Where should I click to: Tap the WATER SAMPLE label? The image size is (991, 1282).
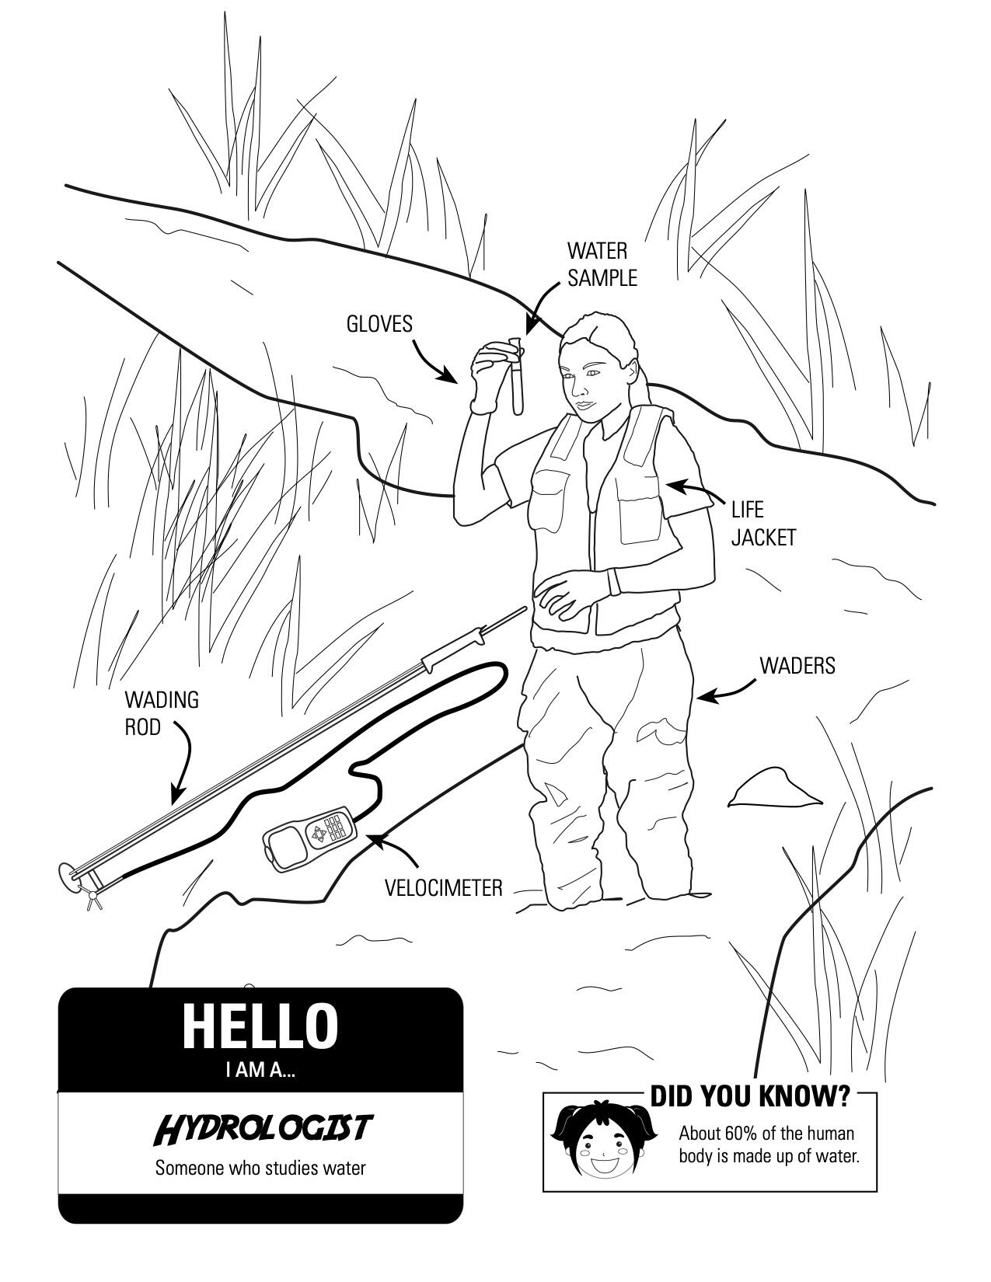tap(601, 264)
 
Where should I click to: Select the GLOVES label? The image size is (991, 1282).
tap(379, 324)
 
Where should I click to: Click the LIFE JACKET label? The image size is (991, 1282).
tap(763, 524)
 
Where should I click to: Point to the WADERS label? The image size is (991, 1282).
tap(797, 666)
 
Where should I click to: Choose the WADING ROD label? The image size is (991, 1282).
tap(161, 713)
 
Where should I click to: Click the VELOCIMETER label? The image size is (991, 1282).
tap(444, 887)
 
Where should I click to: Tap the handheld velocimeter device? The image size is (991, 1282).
tap(309, 836)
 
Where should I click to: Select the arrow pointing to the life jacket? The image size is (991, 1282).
tap(696, 491)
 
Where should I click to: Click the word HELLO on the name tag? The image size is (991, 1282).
tap(260, 1026)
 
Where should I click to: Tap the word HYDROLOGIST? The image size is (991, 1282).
tap(262, 1128)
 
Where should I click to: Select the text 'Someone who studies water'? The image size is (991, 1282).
tap(260, 1168)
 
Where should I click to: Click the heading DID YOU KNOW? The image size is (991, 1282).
tap(750, 1096)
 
